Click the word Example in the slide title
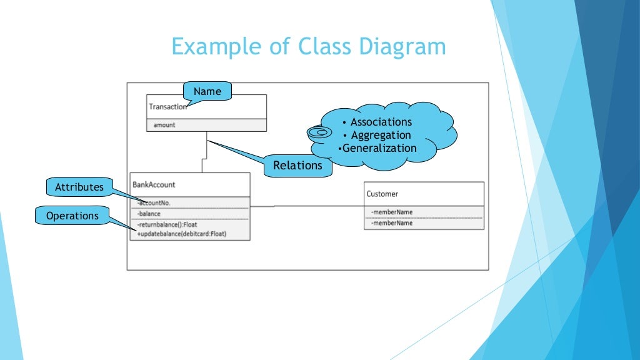(x=211, y=47)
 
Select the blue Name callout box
(x=207, y=91)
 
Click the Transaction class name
(x=167, y=107)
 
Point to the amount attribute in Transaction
(x=164, y=125)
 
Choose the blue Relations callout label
(x=297, y=166)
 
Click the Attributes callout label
(x=79, y=187)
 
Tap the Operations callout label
(x=72, y=216)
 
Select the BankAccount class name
(x=154, y=184)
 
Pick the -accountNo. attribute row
(x=154, y=202)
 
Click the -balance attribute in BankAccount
(x=149, y=214)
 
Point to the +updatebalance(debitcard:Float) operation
(x=181, y=234)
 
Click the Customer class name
(x=382, y=194)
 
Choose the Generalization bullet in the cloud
(x=378, y=148)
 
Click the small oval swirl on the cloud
(x=319, y=132)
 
